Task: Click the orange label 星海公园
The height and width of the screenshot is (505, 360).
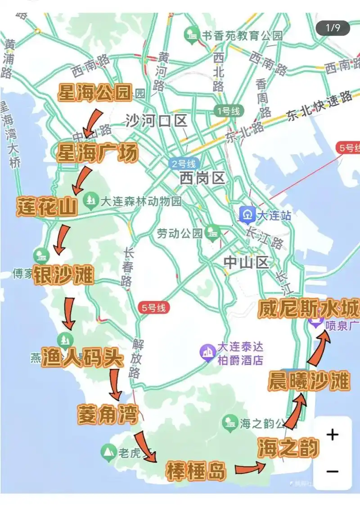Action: (94, 94)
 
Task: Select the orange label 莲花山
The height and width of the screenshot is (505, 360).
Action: (47, 206)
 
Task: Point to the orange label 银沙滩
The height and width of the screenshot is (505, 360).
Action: (63, 275)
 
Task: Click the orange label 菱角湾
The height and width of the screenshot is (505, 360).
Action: (107, 414)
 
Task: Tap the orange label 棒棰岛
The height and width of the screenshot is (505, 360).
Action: (195, 470)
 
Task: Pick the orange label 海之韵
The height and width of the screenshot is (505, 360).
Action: (288, 448)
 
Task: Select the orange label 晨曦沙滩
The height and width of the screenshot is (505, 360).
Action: (309, 381)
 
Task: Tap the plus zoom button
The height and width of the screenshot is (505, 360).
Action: (332, 435)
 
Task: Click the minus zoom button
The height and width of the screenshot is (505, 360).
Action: (332, 471)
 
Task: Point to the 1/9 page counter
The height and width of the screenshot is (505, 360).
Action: (333, 28)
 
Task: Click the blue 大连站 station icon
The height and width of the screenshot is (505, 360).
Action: (247, 215)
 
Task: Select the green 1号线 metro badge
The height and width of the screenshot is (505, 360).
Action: (229, 111)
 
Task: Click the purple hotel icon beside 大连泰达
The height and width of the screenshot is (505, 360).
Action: (208, 352)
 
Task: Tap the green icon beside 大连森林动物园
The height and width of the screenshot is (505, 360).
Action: (91, 200)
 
